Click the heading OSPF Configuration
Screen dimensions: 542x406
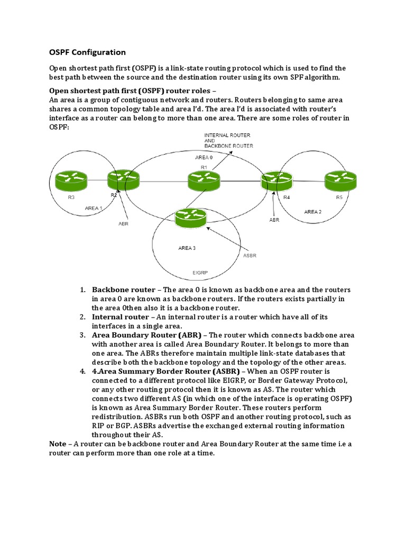(x=87, y=52)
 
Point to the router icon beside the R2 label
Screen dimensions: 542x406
(x=121, y=180)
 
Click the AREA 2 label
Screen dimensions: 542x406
(x=312, y=212)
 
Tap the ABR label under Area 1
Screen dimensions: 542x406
(x=123, y=224)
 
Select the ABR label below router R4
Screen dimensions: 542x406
(x=274, y=220)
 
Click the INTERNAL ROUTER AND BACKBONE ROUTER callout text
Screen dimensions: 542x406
(x=228, y=140)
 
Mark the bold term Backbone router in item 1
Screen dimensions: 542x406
(x=124, y=290)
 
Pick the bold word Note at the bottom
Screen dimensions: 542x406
(x=58, y=444)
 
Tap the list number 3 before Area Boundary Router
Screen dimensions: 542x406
(x=82, y=335)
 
